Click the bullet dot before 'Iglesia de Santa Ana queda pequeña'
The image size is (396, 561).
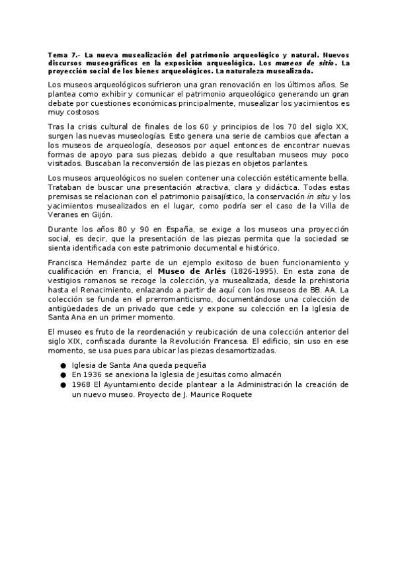[x=63, y=365]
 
